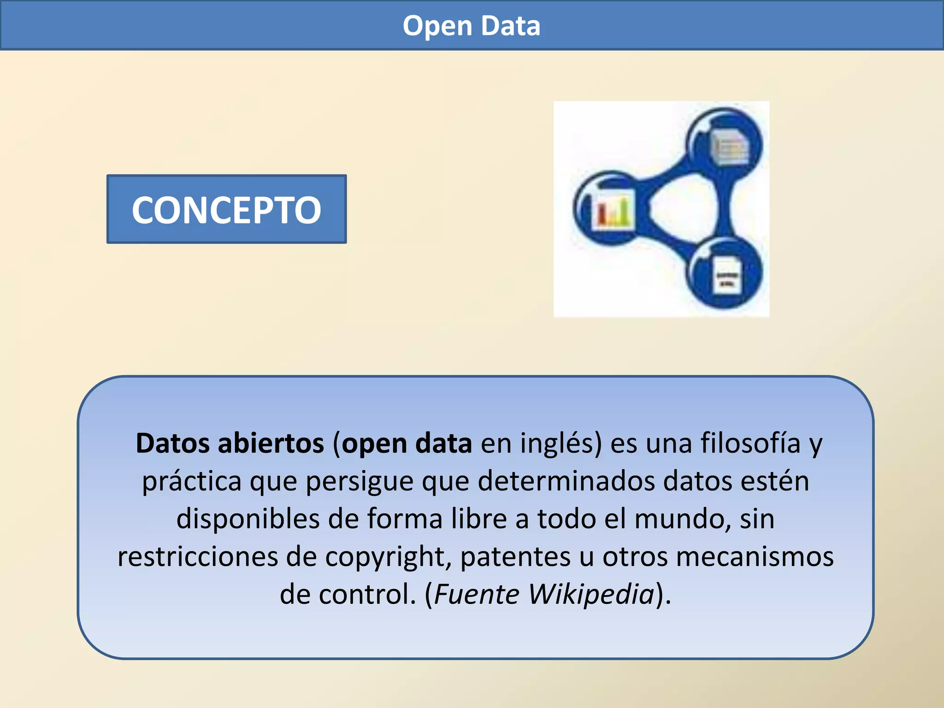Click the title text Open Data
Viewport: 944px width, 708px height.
(x=471, y=26)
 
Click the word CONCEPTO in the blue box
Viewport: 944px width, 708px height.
(x=226, y=210)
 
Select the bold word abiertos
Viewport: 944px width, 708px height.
(x=271, y=443)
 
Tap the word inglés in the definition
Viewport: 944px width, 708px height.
(x=561, y=443)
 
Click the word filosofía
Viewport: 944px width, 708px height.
(x=750, y=443)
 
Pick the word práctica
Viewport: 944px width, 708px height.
(x=191, y=482)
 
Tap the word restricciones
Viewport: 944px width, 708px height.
(x=198, y=557)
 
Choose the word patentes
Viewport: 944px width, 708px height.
(x=515, y=557)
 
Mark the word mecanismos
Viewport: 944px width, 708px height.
(x=755, y=557)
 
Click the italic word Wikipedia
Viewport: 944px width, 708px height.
(x=591, y=595)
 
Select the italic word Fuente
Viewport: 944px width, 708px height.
(x=477, y=595)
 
